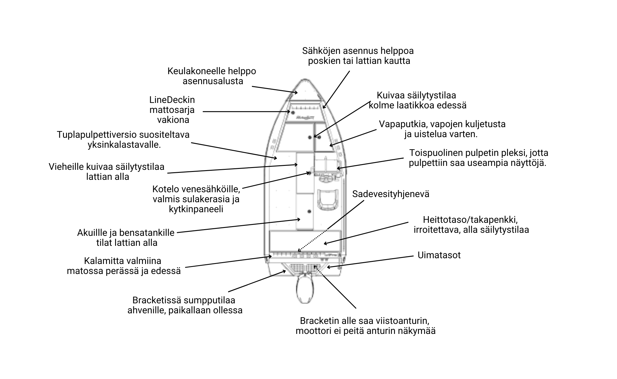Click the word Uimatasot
(x=439, y=255)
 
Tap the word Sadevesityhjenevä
(x=391, y=194)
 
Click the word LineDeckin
(x=172, y=100)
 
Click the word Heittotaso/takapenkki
(x=470, y=219)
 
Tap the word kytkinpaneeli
(x=196, y=209)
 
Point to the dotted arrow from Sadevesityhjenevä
(x=330, y=226)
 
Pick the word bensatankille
(x=147, y=233)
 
